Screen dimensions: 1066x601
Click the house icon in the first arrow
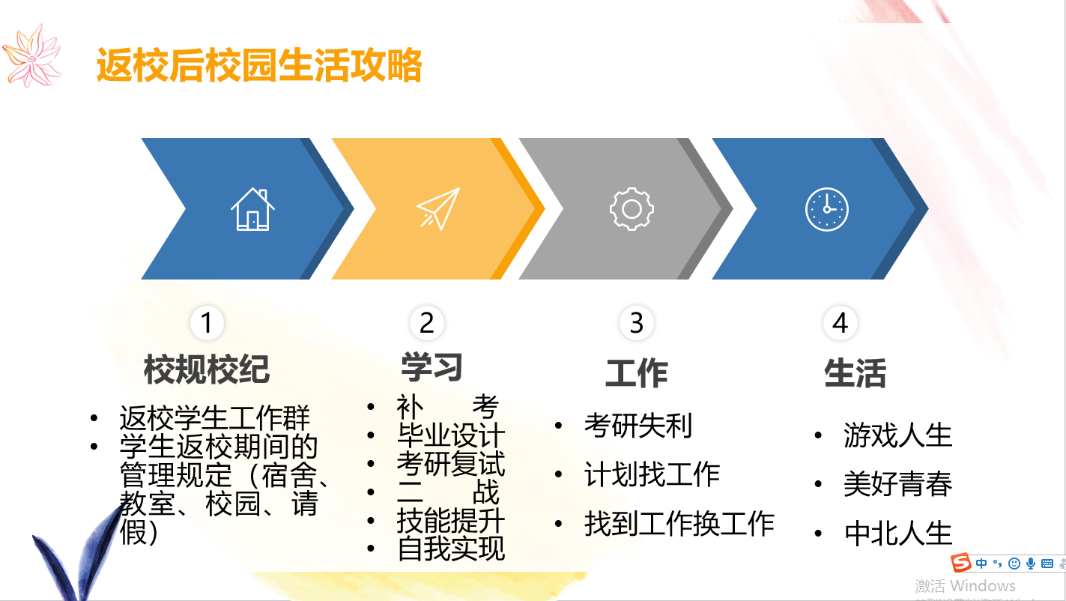[x=252, y=209]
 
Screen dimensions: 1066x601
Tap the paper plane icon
[x=438, y=208]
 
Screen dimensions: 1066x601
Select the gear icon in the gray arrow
[x=632, y=209]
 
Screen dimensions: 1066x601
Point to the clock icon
[x=826, y=209]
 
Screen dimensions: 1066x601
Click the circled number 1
[x=207, y=322]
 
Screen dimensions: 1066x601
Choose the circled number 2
[x=426, y=322]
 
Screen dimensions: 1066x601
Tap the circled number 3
[x=636, y=322]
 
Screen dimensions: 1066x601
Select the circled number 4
[x=840, y=322]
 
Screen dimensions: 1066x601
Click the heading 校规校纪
[x=207, y=369]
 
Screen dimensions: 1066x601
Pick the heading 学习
[x=431, y=366]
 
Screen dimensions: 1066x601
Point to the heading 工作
[x=636, y=373]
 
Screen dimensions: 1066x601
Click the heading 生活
[x=855, y=373]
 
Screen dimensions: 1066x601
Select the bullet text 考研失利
[x=638, y=426]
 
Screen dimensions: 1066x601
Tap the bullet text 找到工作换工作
[x=679, y=523]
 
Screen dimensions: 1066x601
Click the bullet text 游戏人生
[x=898, y=435]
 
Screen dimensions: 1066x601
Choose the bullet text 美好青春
[x=898, y=484]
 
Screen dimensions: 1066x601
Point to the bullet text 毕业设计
[x=451, y=435]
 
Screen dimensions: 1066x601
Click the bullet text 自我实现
[x=451, y=549]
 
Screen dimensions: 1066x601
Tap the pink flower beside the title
[x=32, y=56]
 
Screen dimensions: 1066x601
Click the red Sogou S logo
[x=961, y=563]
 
